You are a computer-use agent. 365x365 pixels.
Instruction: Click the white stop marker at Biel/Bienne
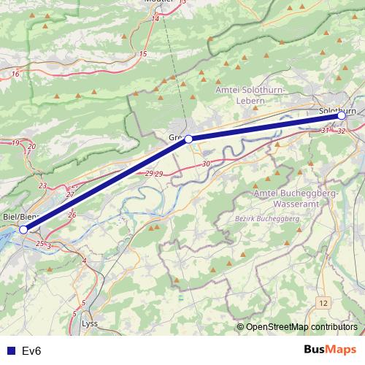pos(23,229)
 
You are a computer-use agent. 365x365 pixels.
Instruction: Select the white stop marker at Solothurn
pos(341,115)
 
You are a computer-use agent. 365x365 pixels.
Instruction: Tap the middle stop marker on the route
pos(188,139)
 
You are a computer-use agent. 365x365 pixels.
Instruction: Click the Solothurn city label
pos(337,109)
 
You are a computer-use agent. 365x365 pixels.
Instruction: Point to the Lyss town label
pos(90,323)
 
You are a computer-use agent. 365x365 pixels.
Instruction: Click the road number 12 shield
pos(323,301)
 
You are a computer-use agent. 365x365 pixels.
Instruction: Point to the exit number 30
pos(207,164)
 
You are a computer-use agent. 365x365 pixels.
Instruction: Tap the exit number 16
pos(15,74)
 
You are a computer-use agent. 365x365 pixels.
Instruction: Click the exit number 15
pos(143,54)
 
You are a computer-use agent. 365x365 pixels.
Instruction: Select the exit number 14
pos(155,19)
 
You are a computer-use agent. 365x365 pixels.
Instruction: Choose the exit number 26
pos(72,215)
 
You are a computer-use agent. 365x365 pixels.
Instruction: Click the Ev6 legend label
pos(32,351)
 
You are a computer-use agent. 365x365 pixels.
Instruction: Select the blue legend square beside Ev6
pos(10,351)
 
